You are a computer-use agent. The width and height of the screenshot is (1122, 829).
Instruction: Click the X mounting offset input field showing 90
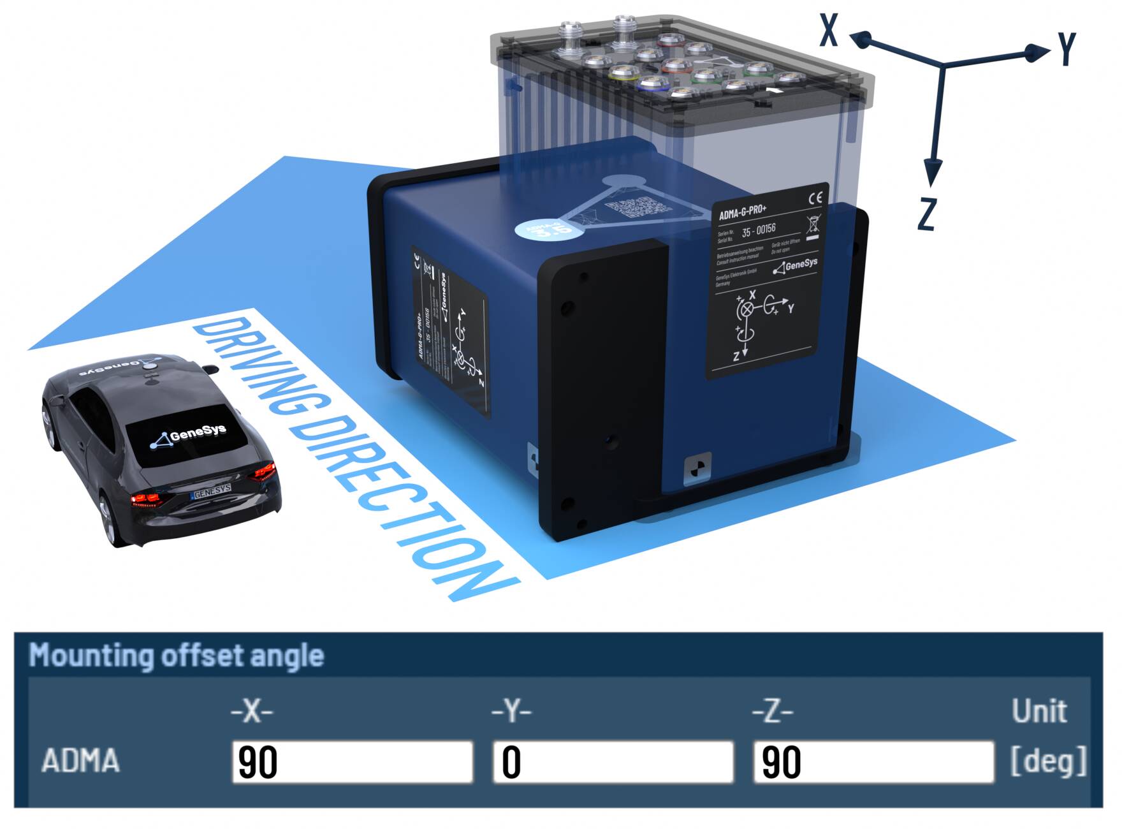(352, 761)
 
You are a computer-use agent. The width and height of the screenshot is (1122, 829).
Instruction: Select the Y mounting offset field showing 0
(613, 761)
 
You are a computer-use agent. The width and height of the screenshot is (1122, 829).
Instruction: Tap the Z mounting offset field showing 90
(873, 761)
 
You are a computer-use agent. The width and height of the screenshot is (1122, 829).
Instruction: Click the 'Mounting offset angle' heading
(177, 656)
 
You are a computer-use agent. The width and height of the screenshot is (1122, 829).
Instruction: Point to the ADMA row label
(80, 761)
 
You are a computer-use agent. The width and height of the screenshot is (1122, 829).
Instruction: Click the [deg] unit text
(1048, 760)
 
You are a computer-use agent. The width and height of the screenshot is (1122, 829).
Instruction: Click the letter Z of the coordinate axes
(926, 214)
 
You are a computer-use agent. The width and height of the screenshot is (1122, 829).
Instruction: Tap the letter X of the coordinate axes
(828, 30)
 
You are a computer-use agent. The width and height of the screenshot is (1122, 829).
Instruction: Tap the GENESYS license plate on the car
(212, 491)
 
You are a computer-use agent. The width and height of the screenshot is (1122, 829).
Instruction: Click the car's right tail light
(265, 473)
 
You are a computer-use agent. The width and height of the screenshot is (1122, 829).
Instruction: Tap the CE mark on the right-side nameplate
(815, 198)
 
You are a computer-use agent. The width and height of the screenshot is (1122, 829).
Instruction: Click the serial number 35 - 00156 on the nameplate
(758, 229)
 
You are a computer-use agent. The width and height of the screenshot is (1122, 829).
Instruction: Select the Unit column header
(1039, 710)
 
